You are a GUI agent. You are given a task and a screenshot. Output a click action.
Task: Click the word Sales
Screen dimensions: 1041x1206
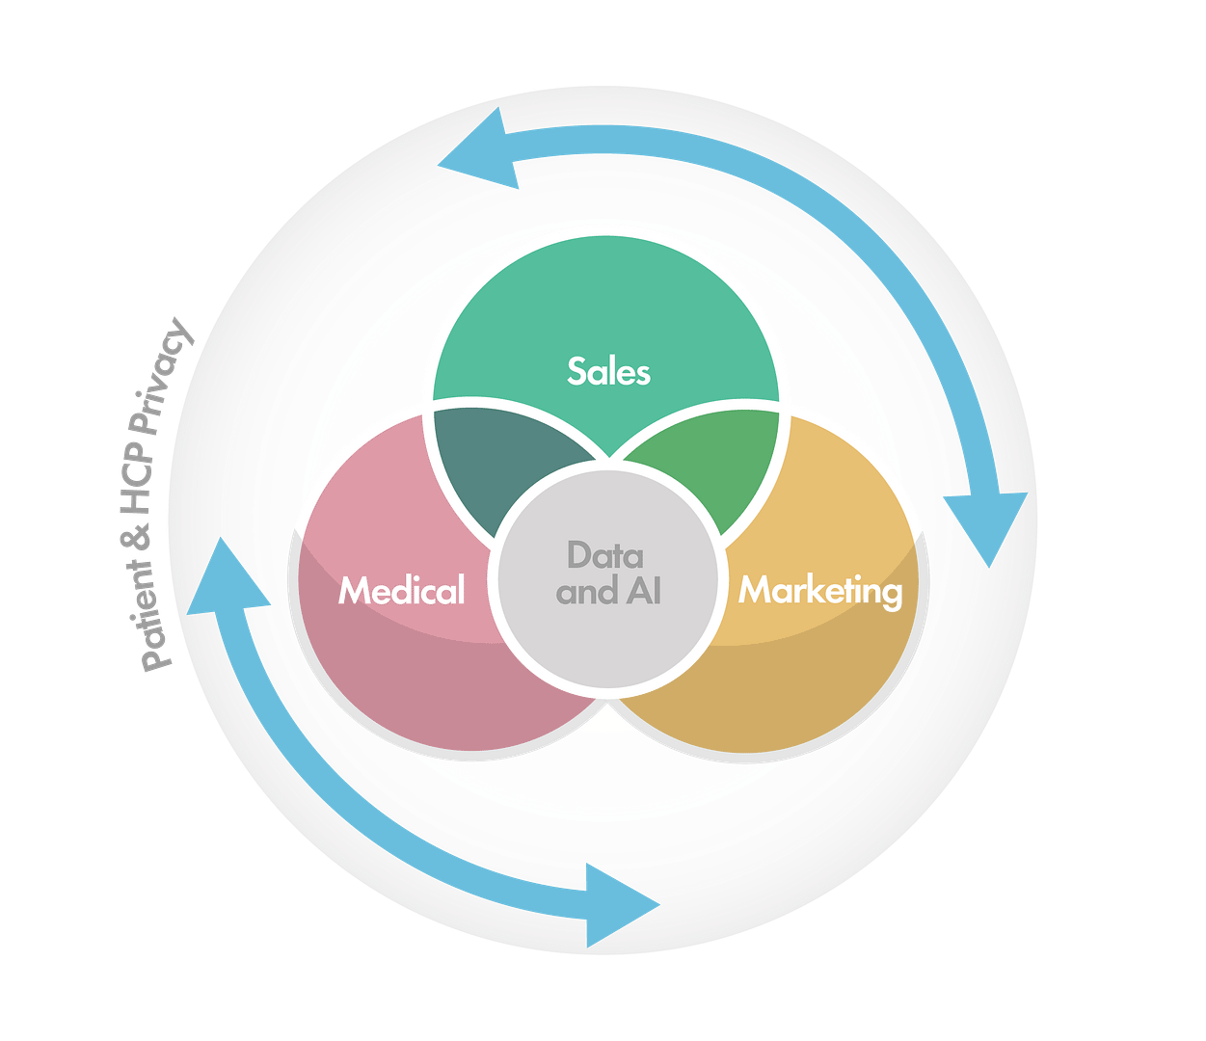pyautogui.click(x=608, y=371)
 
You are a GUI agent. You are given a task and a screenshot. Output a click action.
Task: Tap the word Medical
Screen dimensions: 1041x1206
pyautogui.click(x=401, y=590)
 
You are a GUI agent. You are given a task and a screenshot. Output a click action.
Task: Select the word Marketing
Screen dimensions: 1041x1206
pyautogui.click(x=820, y=590)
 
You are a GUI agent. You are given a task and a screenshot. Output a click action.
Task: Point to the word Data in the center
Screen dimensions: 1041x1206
pyautogui.click(x=604, y=555)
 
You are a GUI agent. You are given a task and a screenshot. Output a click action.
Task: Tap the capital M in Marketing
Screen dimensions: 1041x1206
pyautogui.click(x=756, y=590)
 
